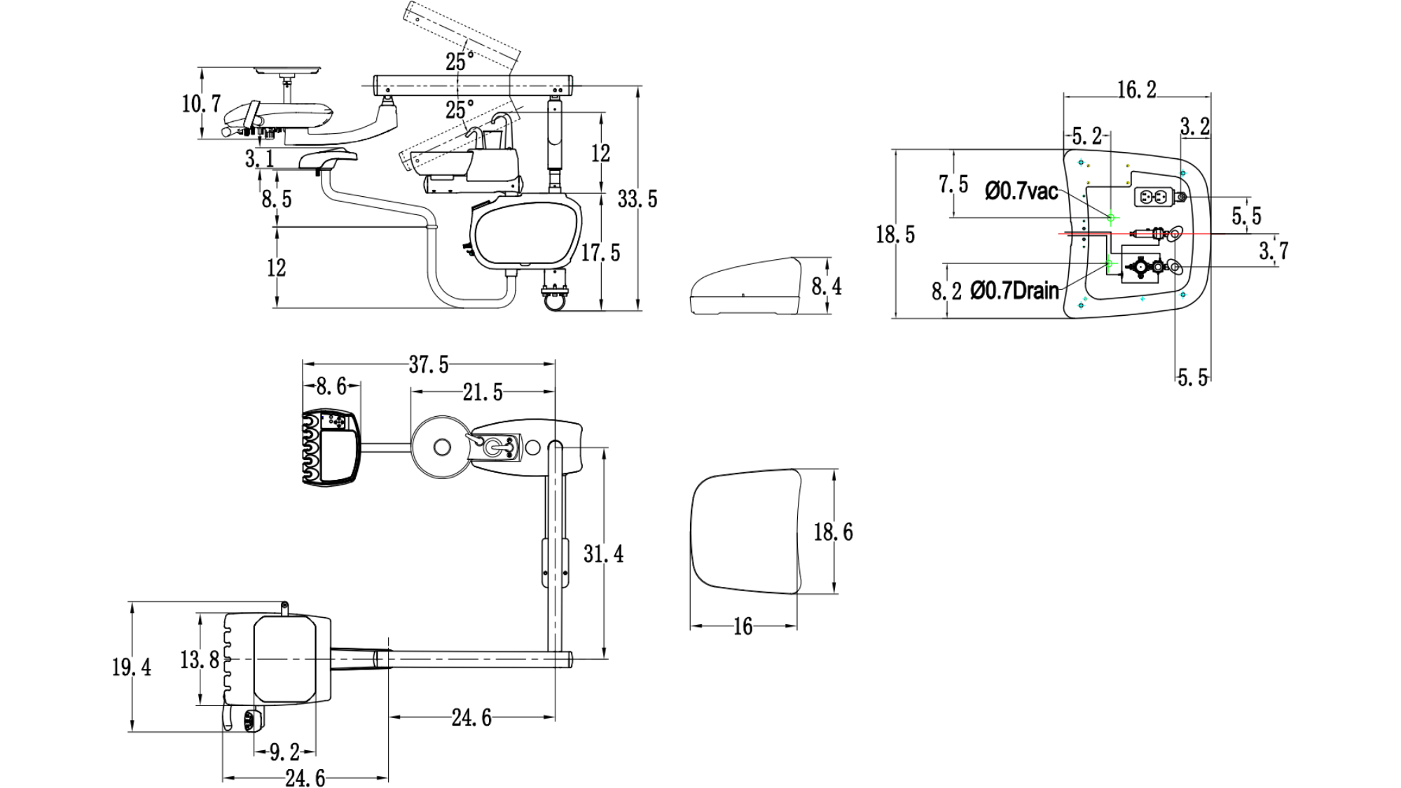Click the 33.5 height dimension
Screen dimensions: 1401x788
click(637, 200)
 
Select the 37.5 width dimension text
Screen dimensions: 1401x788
click(429, 365)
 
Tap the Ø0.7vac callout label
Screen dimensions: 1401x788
click(1021, 191)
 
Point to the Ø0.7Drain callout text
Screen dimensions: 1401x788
click(1014, 290)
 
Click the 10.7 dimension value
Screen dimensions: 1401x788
click(202, 104)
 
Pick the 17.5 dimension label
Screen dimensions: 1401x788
click(600, 252)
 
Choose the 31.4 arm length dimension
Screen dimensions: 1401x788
click(603, 554)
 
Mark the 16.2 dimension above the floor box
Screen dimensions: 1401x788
click(1136, 90)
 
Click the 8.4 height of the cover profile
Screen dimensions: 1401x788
click(827, 286)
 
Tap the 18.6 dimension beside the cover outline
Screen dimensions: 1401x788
click(833, 532)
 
